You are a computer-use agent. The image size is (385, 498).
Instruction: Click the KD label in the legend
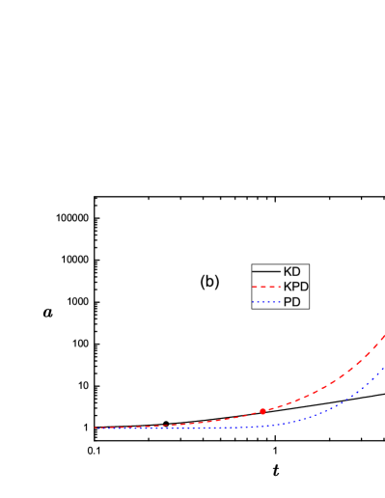click(291, 272)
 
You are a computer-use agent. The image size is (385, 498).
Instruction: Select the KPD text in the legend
click(295, 287)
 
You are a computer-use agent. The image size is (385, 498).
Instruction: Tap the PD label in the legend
click(291, 302)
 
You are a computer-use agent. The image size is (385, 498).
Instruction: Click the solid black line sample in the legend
click(266, 272)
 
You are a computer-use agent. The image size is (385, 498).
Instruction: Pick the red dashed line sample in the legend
click(266, 287)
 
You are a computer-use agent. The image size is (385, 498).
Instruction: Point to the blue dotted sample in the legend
click(266, 302)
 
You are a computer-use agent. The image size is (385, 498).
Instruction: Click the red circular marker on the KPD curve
click(262, 411)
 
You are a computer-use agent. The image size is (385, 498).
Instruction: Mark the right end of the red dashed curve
click(384, 335)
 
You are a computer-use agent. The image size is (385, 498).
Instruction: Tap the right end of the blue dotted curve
click(384, 366)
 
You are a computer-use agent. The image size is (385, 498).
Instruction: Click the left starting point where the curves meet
click(95, 428)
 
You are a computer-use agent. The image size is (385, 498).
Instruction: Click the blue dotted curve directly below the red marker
click(262, 425)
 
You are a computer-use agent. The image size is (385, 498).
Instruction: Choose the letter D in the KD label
click(296, 272)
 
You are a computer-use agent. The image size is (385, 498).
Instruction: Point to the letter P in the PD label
click(288, 302)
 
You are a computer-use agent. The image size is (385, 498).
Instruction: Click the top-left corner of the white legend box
click(252, 264)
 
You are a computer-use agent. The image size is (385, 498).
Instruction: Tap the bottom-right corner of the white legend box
click(309, 309)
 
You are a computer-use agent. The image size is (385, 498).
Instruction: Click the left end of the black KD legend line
click(254, 272)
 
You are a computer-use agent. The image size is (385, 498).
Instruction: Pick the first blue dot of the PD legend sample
click(254, 302)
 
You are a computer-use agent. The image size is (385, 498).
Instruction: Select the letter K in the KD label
click(288, 272)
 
